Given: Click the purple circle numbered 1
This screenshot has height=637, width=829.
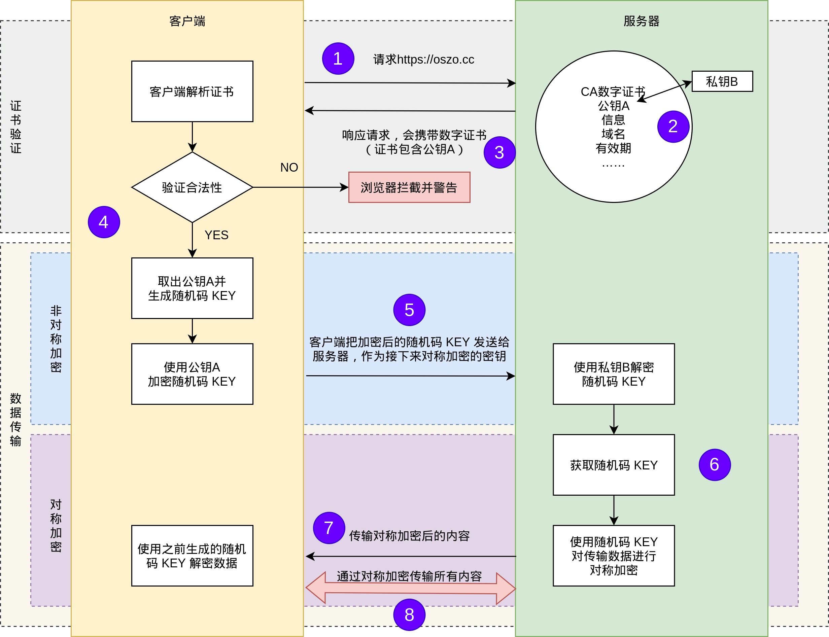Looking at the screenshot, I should [338, 59].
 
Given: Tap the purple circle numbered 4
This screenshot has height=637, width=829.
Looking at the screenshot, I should [104, 222].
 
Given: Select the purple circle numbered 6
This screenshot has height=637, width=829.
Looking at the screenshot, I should [715, 465].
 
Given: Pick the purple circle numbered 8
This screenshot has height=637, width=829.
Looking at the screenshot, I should [409, 615].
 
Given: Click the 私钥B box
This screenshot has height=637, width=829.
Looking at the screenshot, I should [722, 81].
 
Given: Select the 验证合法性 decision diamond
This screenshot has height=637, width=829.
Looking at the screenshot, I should [192, 187].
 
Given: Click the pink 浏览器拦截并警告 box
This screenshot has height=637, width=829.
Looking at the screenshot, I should [409, 187].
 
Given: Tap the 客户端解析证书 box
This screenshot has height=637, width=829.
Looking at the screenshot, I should [192, 92].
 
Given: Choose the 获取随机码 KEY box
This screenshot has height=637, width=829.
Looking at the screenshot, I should [614, 465].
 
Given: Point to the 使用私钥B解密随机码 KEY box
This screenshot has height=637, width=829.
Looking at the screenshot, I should [614, 374].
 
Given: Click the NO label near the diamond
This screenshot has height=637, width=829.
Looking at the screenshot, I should [289, 167].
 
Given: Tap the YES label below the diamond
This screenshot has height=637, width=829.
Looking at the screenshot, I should [216, 235].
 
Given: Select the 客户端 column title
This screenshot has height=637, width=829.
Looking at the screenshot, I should [187, 21].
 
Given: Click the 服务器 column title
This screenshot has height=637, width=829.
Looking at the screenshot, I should [641, 21].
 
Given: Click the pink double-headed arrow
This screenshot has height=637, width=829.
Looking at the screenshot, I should [410, 588].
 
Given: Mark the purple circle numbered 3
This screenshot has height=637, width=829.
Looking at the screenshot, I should [499, 152].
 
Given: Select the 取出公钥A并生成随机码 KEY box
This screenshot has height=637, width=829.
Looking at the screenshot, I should [192, 288].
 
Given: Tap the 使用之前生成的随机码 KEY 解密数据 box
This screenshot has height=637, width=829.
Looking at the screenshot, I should [192, 556].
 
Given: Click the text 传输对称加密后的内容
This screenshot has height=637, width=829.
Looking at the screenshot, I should [409, 536].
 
